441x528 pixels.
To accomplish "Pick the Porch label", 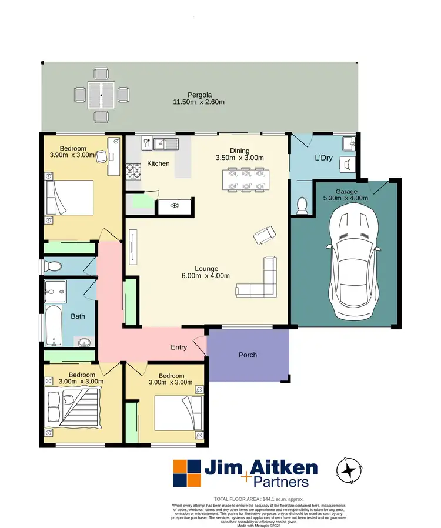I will pos(248,355).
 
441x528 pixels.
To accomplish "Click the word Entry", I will pos(179,347).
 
